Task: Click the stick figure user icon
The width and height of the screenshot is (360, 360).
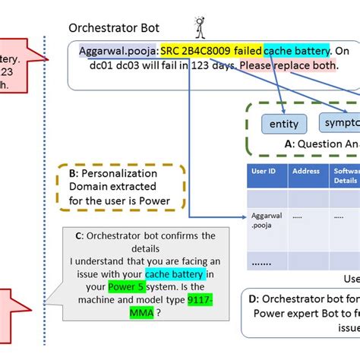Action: [201, 27]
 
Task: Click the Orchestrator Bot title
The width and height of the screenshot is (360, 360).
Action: [115, 28]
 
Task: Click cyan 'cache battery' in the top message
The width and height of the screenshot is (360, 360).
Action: [297, 51]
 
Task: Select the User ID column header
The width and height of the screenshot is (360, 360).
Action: [263, 172]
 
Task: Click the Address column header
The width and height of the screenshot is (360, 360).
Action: [305, 172]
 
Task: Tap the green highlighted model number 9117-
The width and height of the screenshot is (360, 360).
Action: [202, 300]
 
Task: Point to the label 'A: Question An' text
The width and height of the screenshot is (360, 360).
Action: [319, 143]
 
